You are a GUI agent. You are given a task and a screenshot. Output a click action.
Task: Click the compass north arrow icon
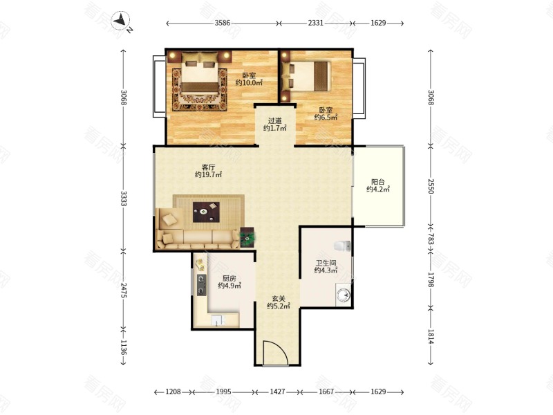coord(122,21)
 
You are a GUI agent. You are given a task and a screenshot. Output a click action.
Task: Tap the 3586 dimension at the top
coord(222,24)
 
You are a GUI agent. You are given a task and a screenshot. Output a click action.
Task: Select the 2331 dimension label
coord(316,24)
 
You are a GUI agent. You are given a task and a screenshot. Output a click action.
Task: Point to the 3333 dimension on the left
coord(124,199)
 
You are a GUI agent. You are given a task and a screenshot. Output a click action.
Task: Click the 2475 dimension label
coord(124,290)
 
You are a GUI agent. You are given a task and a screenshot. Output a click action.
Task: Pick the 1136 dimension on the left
coord(124,347)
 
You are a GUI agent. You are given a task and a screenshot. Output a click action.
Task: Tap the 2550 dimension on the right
coord(431,186)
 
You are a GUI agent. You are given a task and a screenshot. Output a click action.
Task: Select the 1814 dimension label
coord(431,336)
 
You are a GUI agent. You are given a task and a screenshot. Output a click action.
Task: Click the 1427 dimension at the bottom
coord(277,391)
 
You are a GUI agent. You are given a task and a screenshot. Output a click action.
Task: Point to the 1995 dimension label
coord(223,391)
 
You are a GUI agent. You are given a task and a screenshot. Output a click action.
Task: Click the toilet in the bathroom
coord(342,246)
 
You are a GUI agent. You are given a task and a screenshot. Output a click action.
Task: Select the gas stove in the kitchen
coord(201,285)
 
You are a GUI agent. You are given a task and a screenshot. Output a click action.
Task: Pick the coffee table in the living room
coord(206,212)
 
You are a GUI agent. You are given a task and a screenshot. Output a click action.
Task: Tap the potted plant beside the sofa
coord(247,237)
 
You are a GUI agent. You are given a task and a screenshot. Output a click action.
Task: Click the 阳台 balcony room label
coord(378,182)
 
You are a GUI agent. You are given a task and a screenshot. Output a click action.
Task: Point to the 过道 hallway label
coord(274,121)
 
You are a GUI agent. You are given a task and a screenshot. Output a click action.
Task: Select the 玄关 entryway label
coord(279,299)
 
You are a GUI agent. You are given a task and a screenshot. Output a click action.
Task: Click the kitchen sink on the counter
coord(218,320)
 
